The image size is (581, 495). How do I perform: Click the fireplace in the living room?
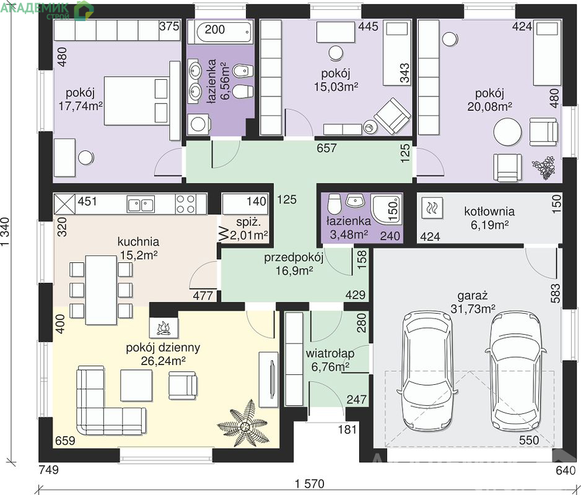pos(164,327)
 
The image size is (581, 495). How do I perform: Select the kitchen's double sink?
pos(141,204)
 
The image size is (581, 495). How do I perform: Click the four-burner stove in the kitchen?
pos(185,204)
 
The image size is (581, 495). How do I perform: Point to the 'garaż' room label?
pos(472,295)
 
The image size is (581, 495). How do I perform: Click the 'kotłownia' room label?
pos(489,212)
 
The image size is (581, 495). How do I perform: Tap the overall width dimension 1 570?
pos(310,483)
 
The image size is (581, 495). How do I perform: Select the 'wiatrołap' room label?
pos(330,353)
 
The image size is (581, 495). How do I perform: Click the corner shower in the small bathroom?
pos(387,210)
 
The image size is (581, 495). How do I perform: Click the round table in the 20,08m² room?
pos(507,132)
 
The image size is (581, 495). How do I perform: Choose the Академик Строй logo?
pos(47,10)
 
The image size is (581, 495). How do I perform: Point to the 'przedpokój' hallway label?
pos(294,257)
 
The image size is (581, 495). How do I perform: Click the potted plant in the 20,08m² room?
pos(544,168)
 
